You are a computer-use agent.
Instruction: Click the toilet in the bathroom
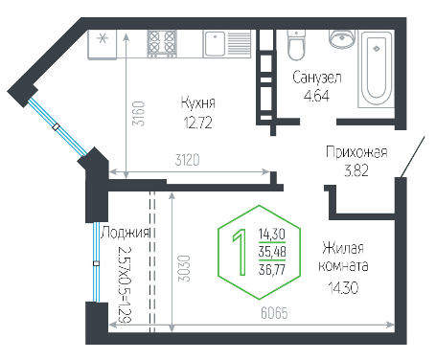click(x=296, y=45)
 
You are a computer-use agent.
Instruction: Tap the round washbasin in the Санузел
click(x=342, y=39)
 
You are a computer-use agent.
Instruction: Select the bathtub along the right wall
click(x=376, y=69)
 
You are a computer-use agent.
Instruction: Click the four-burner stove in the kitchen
click(x=162, y=44)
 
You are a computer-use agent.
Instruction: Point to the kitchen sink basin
click(x=215, y=44)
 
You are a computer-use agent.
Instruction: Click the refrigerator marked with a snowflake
click(x=103, y=44)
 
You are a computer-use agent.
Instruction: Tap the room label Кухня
click(x=198, y=102)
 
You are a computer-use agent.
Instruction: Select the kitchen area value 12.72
click(x=198, y=123)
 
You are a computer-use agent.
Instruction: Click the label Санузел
click(x=317, y=78)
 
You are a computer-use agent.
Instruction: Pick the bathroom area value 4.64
click(x=316, y=96)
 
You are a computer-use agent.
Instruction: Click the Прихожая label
click(x=356, y=152)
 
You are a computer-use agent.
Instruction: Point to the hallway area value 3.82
click(x=356, y=170)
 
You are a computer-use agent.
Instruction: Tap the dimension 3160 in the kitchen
click(x=139, y=113)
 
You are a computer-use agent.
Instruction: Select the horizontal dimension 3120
click(x=187, y=160)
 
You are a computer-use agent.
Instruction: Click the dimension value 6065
click(x=274, y=313)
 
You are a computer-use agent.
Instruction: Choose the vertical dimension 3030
click(x=184, y=268)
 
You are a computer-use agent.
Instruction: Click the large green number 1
click(x=240, y=252)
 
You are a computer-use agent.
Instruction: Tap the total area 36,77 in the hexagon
click(x=272, y=270)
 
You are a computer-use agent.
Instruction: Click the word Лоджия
click(x=126, y=234)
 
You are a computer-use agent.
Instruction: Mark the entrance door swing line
click(x=413, y=157)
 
